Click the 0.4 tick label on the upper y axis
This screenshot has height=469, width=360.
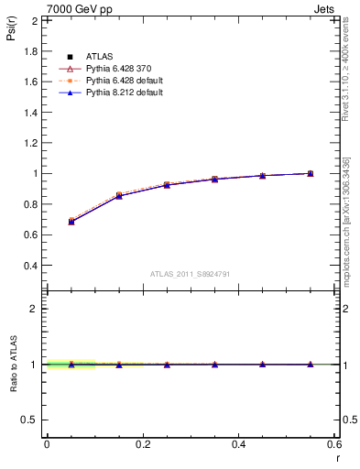click(x=30, y=266)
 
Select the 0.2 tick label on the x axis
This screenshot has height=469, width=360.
click(x=143, y=444)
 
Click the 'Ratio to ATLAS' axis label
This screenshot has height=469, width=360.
click(x=14, y=365)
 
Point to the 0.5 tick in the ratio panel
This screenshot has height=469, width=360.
click(x=30, y=420)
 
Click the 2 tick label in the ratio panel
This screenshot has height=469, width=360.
click(x=35, y=309)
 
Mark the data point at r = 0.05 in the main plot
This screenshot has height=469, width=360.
click(x=71, y=222)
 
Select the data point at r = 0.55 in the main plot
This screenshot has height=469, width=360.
click(x=311, y=173)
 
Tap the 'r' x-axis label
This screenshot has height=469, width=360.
click(x=336, y=458)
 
